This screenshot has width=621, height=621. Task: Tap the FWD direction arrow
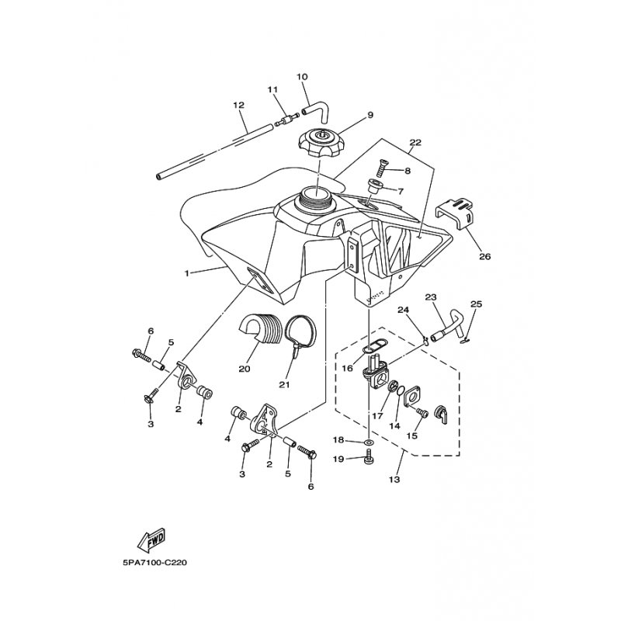(151, 540)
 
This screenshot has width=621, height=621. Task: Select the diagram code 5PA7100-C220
(154, 563)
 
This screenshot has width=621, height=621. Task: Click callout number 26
(484, 256)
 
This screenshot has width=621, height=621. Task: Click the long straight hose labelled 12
(215, 151)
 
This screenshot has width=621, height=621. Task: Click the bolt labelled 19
(369, 459)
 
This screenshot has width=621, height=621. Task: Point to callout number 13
(394, 479)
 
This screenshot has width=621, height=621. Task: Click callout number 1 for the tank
(186, 273)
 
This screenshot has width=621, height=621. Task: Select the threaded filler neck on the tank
(317, 196)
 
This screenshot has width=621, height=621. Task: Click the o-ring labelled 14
(400, 391)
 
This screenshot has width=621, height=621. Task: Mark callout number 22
(416, 143)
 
